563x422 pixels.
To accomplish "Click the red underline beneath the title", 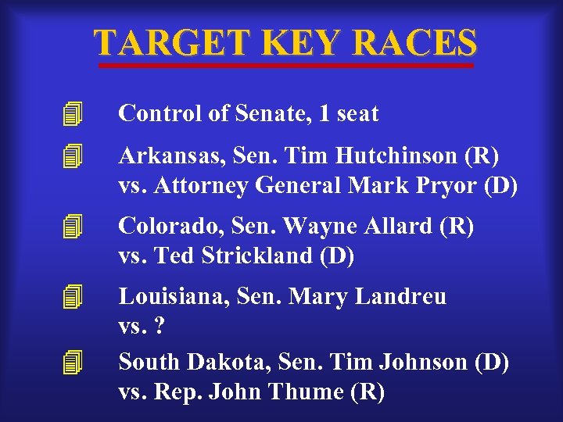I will coord(285,66).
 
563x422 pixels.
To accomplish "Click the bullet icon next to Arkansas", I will coord(73,157).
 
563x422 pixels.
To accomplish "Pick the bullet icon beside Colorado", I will coord(73,227).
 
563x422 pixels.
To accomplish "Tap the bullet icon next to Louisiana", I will coord(73,297).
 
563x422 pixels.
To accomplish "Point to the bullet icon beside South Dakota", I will coord(73,363).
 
